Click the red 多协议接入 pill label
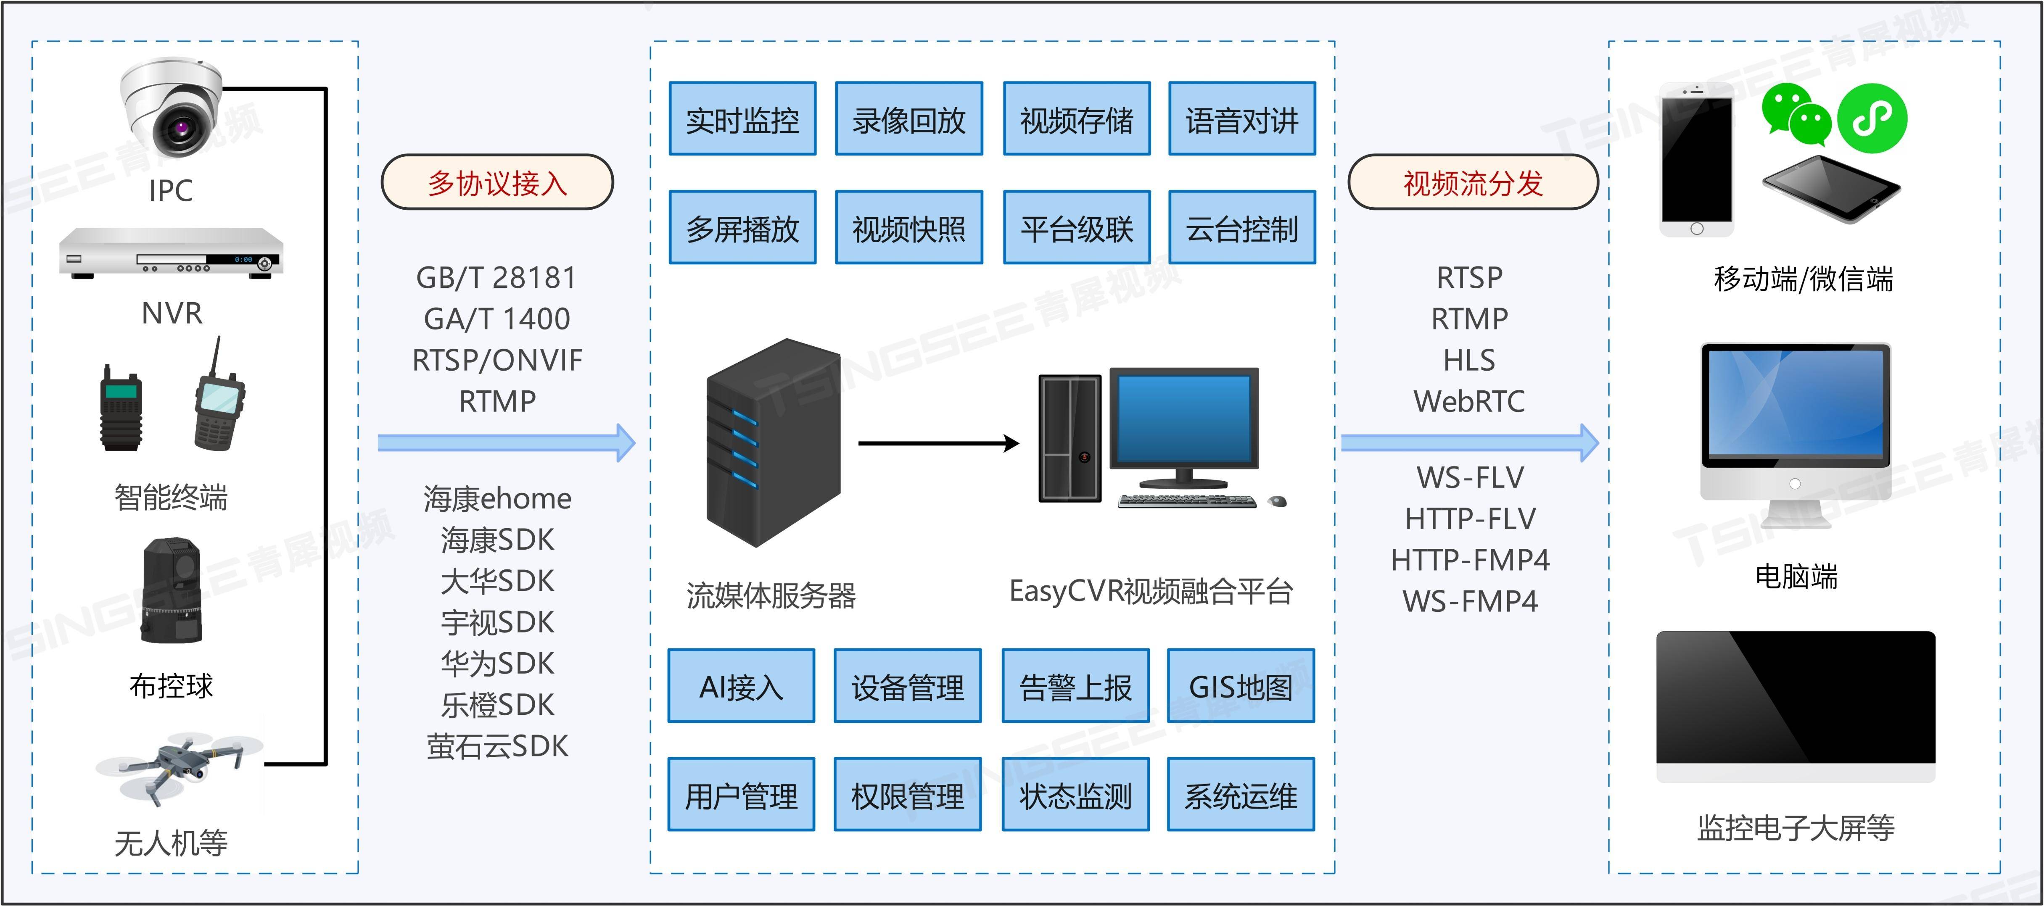click(x=497, y=182)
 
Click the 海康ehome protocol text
click(x=497, y=498)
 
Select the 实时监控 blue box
click(x=742, y=119)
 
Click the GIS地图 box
click(x=1240, y=686)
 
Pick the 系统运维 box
click(x=1240, y=795)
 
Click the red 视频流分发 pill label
click(x=1473, y=182)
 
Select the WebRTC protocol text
click(x=1469, y=401)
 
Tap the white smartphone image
click(x=1696, y=159)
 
